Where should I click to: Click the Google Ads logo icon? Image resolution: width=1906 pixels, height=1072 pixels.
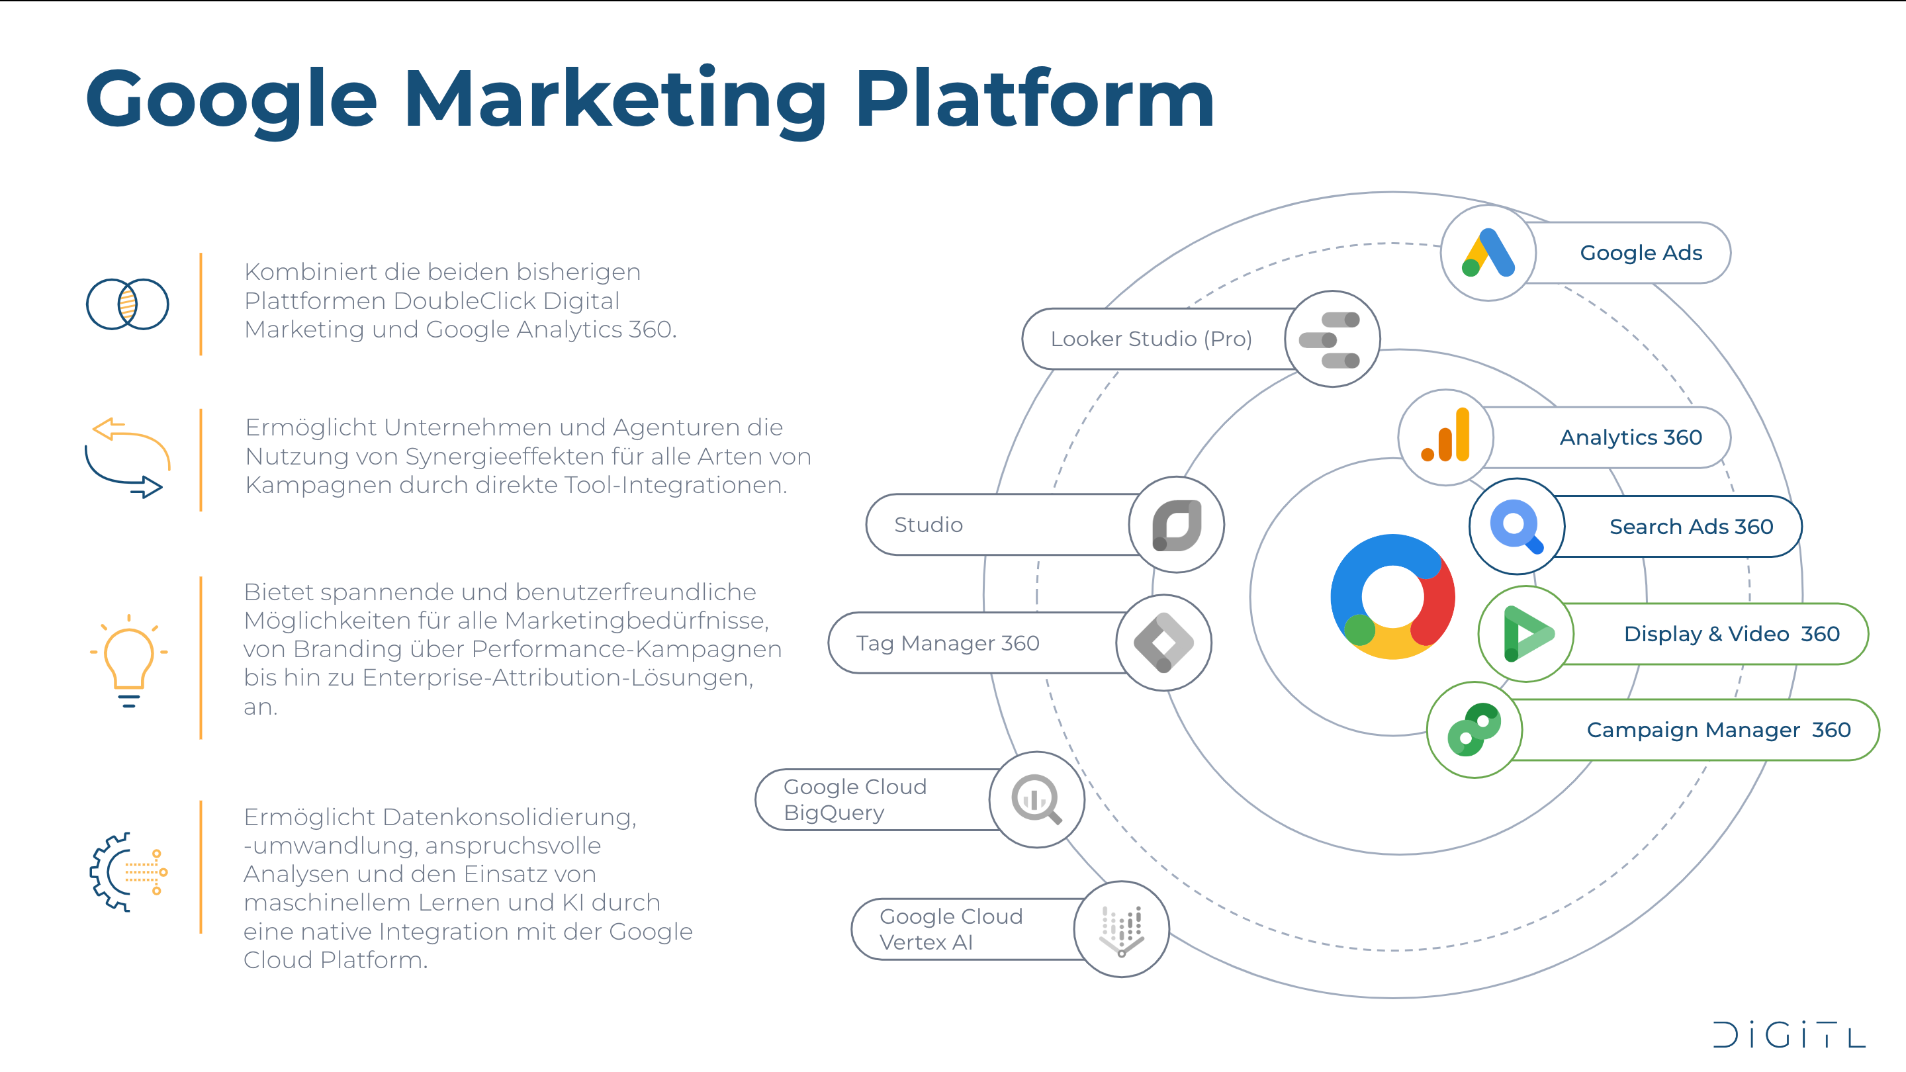[x=1488, y=253]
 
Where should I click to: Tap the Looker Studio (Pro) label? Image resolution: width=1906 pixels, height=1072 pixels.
[x=1151, y=339]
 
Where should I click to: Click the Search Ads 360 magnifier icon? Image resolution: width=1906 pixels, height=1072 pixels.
[x=1516, y=526]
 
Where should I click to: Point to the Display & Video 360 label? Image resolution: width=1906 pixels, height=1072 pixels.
[x=1731, y=634]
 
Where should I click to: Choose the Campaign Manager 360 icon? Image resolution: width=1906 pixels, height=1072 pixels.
[x=1474, y=729]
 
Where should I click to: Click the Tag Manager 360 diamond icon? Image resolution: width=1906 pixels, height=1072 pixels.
[x=1163, y=643]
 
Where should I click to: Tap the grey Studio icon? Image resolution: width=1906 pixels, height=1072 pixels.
[x=1177, y=525]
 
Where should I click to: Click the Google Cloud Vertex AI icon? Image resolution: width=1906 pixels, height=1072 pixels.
[x=1121, y=929]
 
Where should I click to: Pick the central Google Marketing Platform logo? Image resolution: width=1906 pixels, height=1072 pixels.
[x=1392, y=596]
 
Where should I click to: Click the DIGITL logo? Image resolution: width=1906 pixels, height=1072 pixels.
[x=1789, y=1035]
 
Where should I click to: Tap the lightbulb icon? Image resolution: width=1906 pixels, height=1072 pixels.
[x=129, y=658]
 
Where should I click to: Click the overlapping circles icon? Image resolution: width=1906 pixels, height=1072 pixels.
[x=127, y=304]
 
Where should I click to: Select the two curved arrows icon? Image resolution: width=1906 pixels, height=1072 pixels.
[x=127, y=458]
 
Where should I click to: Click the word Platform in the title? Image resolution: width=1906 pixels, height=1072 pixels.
[x=1034, y=100]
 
